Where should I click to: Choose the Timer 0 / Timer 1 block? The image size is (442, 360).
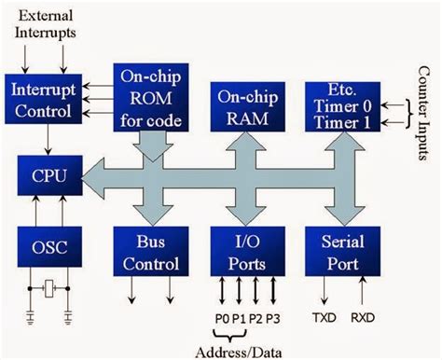[340, 104]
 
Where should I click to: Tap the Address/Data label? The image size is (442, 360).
[244, 350]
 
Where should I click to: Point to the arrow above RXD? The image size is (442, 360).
[363, 290]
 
